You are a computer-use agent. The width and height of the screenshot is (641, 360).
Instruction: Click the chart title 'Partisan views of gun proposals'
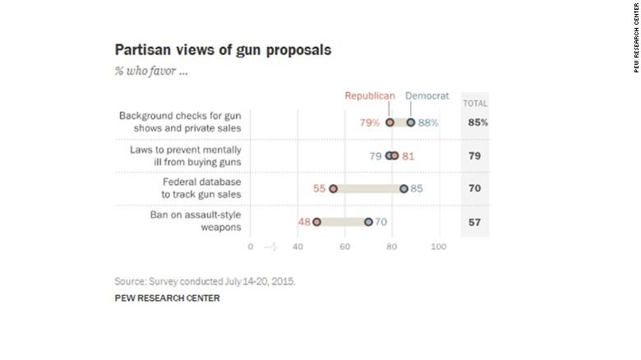[224, 49]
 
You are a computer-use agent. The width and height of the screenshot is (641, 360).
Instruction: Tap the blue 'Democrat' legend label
[427, 96]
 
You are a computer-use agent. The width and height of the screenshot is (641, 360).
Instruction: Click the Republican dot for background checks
[390, 122]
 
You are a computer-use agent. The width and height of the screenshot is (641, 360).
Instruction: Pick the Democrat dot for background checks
[411, 122]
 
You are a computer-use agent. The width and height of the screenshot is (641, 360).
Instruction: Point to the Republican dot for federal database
[333, 189]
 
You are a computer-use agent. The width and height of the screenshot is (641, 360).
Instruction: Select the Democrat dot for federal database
[404, 189]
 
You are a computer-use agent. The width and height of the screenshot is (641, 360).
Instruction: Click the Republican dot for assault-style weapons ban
[316, 222]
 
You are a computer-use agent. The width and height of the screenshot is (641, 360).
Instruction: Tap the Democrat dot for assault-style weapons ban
[368, 222]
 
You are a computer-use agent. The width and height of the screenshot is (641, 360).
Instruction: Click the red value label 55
[320, 189]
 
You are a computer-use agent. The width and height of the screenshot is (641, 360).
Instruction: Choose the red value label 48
[303, 222]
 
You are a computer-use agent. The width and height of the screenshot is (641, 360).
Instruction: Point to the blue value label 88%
[427, 122]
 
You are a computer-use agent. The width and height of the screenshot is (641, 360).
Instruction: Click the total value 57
[475, 222]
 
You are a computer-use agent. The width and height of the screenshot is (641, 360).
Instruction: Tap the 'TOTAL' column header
[475, 103]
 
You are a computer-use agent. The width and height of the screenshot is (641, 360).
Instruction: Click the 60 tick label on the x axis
[344, 246]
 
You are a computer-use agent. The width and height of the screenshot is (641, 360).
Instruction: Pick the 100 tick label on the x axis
[439, 246]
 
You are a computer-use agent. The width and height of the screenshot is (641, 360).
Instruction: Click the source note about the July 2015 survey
[205, 281]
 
